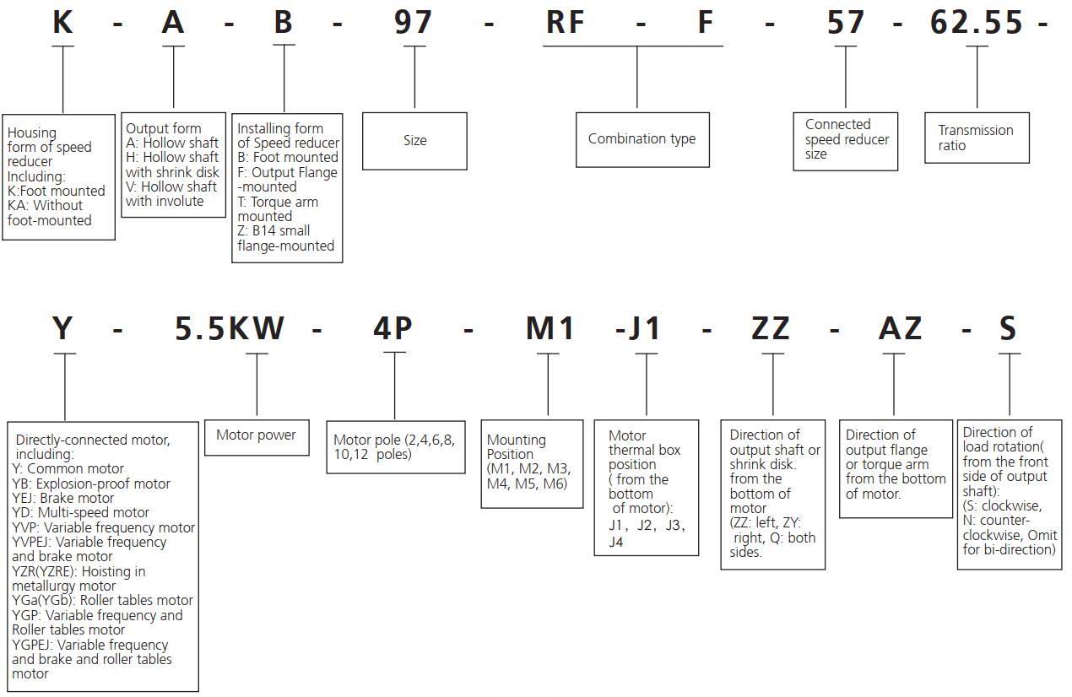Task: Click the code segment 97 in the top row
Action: pos(414,23)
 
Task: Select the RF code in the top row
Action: pos(566,23)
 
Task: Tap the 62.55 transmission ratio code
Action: pos(976,23)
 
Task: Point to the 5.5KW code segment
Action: pos(230,327)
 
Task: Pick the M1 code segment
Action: pos(550,327)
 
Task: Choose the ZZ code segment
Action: pos(771,327)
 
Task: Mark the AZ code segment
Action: pos(900,327)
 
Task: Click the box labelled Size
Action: pos(414,141)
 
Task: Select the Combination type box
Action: pos(642,139)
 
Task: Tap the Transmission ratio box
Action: pos(977,138)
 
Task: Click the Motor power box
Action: pos(257,435)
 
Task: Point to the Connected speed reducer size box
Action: pos(845,139)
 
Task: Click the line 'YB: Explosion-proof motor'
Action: pos(91,484)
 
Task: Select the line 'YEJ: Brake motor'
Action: pos(63,498)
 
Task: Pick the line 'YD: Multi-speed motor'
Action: pos(81,512)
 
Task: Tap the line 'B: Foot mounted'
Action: pos(288,158)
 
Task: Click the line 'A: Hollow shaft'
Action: pos(172,143)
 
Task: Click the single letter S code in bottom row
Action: pos(1008,327)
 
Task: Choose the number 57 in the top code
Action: pos(846,23)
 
